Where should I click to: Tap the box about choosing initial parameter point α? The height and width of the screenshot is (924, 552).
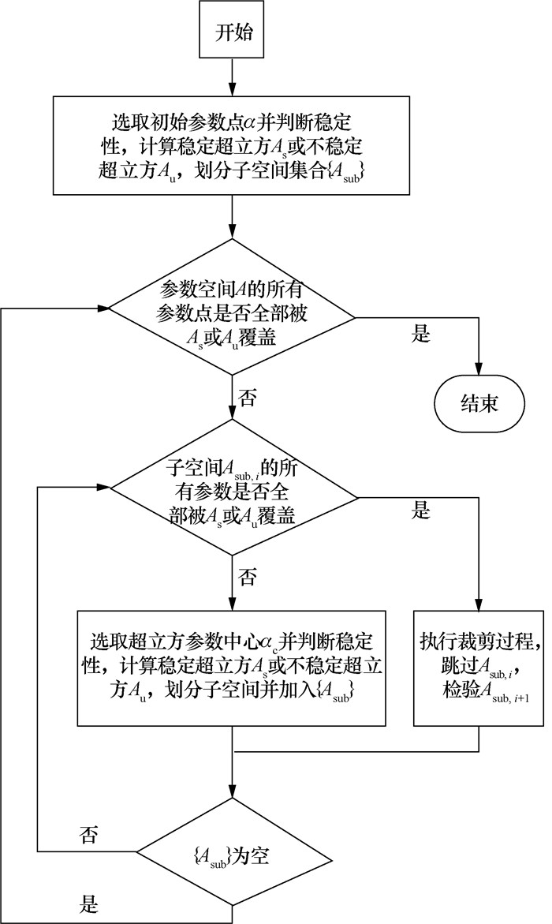coord(233,146)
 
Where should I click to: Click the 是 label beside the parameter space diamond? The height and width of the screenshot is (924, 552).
coord(420,333)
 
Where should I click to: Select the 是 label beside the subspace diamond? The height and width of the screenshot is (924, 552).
coord(420,509)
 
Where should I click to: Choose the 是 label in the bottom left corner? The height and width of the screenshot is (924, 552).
coord(89,900)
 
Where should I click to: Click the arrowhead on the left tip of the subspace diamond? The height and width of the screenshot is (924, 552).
coord(103,486)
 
